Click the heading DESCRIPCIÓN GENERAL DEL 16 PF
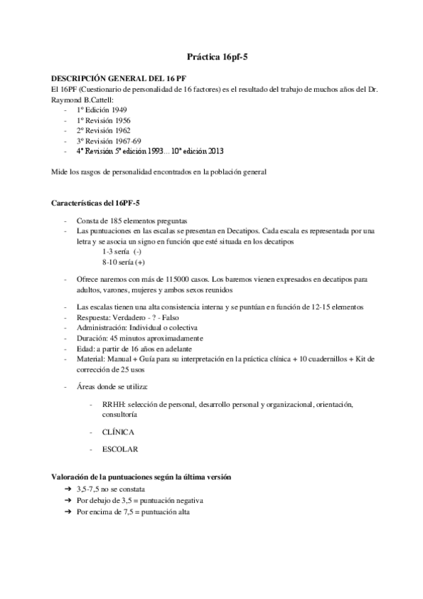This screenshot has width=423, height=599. (118, 78)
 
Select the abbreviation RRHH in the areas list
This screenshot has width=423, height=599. (115, 404)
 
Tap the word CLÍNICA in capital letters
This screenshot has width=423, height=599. (119, 431)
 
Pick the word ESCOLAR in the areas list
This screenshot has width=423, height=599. (120, 449)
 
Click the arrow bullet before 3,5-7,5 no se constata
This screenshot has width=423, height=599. (67, 489)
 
